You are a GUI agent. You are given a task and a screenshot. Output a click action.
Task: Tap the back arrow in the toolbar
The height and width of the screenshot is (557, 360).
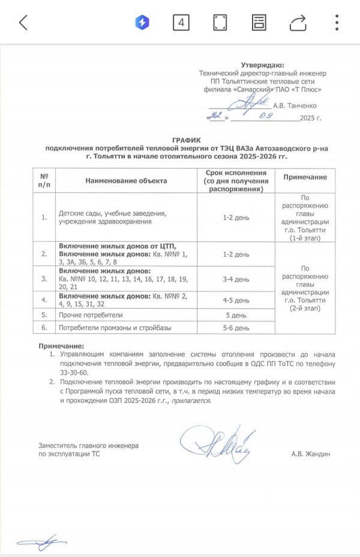23,23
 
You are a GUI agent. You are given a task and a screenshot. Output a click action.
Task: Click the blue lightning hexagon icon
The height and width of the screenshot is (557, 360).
142,23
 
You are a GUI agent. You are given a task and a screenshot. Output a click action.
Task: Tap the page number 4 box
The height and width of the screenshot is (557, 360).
181,23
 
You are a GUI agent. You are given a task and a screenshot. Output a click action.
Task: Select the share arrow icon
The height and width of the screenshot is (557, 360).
298,23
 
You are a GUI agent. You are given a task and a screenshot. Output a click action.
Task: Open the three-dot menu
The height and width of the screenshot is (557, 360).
337,23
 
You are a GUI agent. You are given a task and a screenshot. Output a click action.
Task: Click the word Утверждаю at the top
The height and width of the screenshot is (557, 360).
262,65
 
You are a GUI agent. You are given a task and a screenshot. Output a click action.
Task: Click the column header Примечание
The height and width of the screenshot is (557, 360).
305,177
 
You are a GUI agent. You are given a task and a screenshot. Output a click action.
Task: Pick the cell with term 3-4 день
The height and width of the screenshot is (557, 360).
236,279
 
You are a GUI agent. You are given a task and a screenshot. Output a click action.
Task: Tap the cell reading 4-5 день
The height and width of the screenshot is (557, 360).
236,300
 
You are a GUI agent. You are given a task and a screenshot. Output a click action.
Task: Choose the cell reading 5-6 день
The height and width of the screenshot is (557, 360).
236,327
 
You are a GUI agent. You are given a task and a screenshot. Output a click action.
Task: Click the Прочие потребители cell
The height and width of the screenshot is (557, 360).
90,315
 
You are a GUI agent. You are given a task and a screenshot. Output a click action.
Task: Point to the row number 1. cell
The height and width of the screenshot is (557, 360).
44,218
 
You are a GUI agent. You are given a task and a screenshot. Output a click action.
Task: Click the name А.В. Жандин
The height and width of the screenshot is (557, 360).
310,454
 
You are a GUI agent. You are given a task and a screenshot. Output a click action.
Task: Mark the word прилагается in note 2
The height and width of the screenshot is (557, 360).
190,401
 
